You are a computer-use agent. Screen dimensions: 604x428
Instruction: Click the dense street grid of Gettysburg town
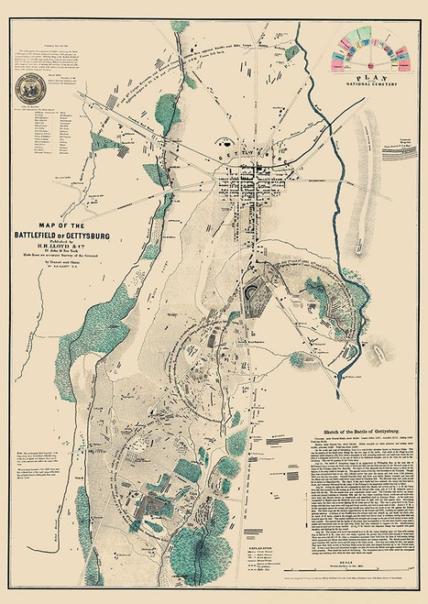pyautogui.click(x=246, y=180)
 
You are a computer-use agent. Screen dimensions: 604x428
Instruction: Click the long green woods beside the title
pyautogui.click(x=153, y=229)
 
